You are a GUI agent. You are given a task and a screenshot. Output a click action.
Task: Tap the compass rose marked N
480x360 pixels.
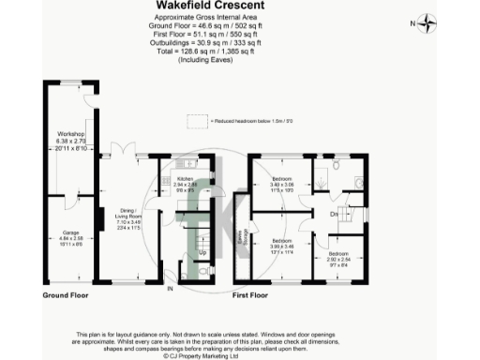click(427, 22)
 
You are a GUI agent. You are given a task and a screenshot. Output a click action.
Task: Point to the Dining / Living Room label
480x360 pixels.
click(127, 217)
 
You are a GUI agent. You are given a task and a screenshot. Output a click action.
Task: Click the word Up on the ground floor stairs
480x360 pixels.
click(202, 253)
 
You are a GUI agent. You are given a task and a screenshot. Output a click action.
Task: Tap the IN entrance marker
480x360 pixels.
click(170, 289)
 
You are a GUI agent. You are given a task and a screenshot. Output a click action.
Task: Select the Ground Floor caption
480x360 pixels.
click(65, 295)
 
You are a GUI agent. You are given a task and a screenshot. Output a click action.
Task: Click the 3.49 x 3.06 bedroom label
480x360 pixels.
click(283, 184)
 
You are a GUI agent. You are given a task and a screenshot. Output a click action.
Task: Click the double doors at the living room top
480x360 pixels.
click(122, 151)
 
